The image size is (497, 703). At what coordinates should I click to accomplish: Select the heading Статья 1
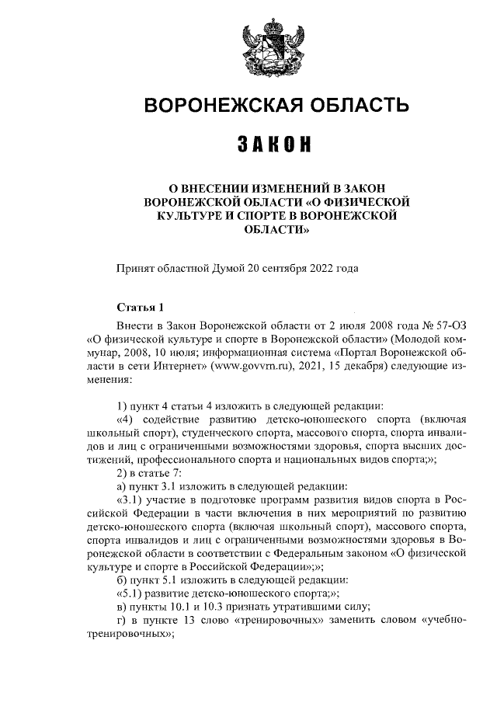[140, 308]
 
